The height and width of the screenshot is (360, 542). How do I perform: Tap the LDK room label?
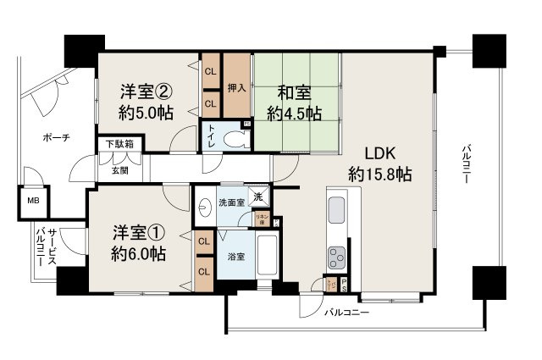(x=380, y=154)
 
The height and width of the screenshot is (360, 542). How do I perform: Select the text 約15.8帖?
(x=380, y=175)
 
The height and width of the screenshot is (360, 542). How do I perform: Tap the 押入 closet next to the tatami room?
(x=238, y=87)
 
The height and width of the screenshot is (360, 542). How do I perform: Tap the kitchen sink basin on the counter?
(x=335, y=208)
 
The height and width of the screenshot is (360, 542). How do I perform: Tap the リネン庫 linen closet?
(x=263, y=219)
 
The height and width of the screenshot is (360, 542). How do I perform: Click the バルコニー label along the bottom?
(x=350, y=313)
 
